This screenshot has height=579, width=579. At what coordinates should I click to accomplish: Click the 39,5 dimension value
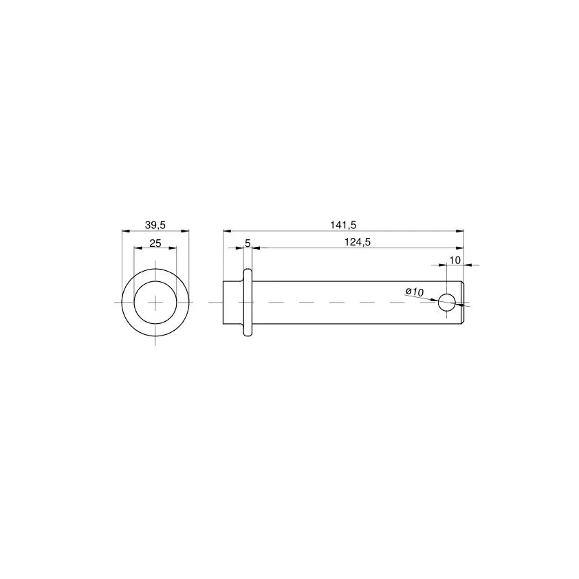point(155,225)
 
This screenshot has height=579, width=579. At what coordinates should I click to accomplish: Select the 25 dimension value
point(155,243)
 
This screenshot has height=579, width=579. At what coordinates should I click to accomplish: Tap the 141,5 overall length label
point(343,224)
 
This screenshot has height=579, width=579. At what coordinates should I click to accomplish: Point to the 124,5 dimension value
point(358,242)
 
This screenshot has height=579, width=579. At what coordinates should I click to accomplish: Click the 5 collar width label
point(248,243)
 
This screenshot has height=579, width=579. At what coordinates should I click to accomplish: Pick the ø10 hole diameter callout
point(415,292)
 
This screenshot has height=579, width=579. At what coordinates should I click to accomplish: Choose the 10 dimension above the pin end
point(455,261)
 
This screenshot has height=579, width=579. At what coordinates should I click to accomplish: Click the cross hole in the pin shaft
point(446,303)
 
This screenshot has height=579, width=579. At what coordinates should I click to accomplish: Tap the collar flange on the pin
point(248,303)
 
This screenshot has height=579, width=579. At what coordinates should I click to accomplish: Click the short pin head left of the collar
point(233,303)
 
